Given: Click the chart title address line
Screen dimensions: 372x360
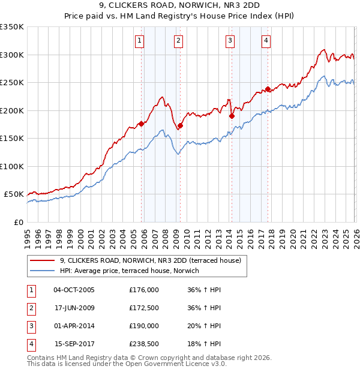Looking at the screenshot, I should point(180,6).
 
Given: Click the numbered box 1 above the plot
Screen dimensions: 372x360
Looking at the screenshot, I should point(139,41).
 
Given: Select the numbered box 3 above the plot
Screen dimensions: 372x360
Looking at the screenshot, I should point(230,41).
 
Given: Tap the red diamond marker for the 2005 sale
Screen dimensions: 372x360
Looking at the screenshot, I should point(142,124).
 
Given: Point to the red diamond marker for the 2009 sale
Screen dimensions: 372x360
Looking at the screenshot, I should point(180,126).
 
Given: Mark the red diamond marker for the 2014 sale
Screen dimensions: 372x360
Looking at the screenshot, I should point(231,116).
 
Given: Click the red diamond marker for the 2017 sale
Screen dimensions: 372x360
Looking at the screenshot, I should point(268,89).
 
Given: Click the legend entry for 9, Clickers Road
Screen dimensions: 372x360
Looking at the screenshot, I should point(150,260).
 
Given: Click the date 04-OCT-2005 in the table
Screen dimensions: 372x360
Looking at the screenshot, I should point(74,290).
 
